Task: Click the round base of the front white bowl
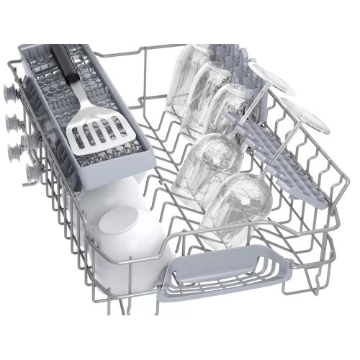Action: click(122, 231)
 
